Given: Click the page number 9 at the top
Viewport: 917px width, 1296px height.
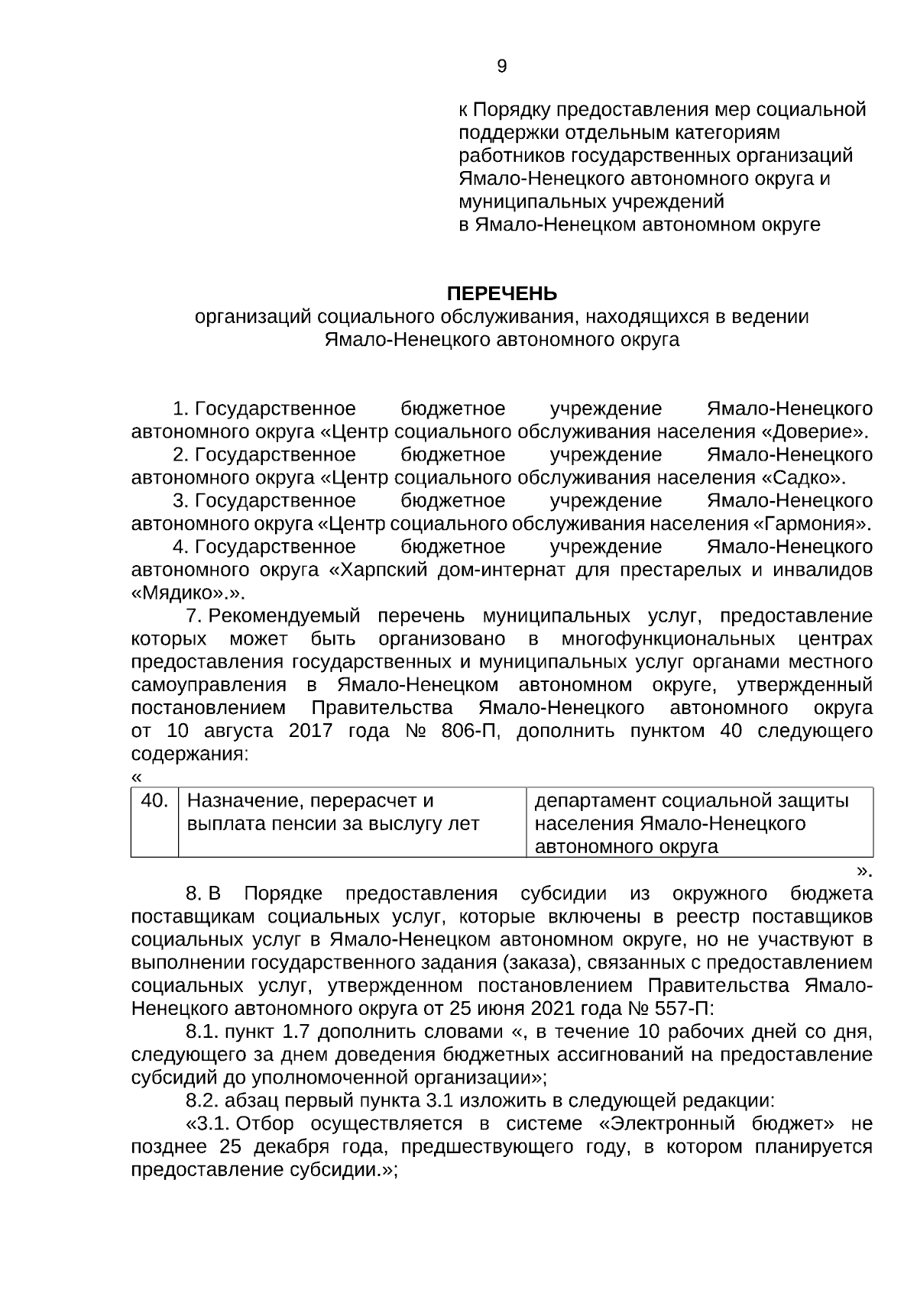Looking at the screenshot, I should (501, 66).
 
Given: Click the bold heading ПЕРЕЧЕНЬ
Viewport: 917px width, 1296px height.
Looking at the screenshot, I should (501, 294).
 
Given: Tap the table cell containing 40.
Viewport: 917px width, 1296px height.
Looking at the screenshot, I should (154, 801).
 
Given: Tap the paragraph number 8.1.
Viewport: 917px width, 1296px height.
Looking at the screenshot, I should (203, 1032).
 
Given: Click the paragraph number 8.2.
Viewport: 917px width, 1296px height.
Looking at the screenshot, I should (203, 1101).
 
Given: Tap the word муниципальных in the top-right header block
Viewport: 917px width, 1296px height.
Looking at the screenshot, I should (532, 202).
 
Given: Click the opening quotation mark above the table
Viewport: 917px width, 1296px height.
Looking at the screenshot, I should (137, 777).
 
